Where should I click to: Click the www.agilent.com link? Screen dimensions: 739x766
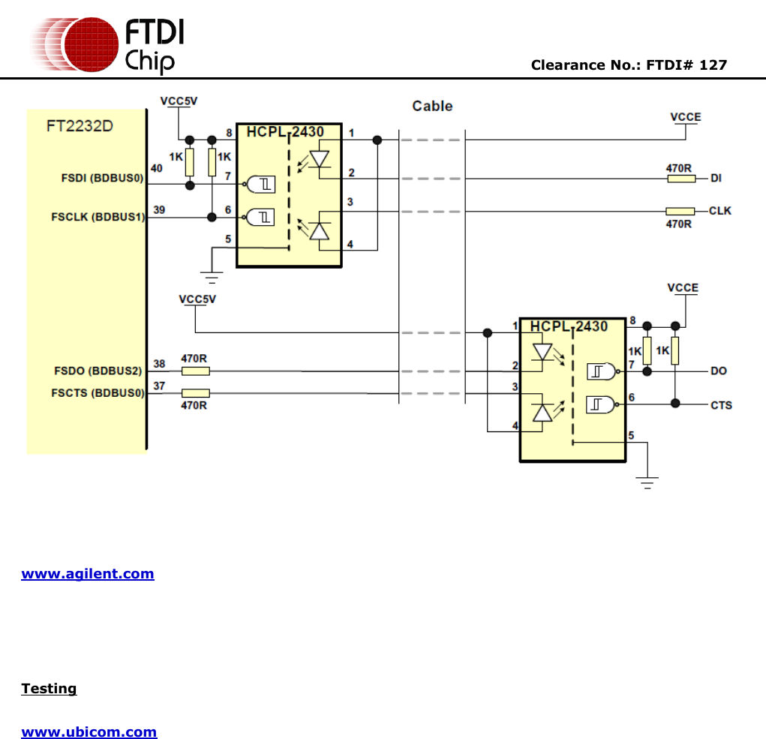pyautogui.click(x=88, y=574)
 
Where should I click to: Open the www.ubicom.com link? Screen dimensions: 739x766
pyautogui.click(x=89, y=732)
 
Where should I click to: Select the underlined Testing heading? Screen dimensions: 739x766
pyautogui.click(x=49, y=689)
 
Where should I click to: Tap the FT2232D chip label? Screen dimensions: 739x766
pyautogui.click(x=80, y=126)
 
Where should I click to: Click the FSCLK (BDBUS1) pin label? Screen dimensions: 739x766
pyautogui.click(x=98, y=218)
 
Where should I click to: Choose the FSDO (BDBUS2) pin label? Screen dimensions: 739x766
pyautogui.click(x=98, y=371)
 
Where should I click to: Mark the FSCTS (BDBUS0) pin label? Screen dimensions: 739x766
pyautogui.click(x=98, y=392)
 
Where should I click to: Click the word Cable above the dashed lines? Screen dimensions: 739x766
pyautogui.click(x=432, y=107)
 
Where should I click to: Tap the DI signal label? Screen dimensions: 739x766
pyautogui.click(x=716, y=179)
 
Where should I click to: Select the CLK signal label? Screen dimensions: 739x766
pyautogui.click(x=719, y=211)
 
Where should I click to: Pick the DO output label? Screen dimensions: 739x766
pyautogui.click(x=718, y=371)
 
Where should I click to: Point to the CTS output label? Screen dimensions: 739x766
pyautogui.click(x=721, y=405)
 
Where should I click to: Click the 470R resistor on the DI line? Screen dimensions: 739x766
pyautogui.click(x=680, y=179)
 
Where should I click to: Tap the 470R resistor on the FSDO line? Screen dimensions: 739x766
pyautogui.click(x=196, y=371)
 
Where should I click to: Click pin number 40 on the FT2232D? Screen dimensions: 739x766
pyautogui.click(x=157, y=168)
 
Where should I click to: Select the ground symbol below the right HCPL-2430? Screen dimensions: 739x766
pyautogui.click(x=647, y=482)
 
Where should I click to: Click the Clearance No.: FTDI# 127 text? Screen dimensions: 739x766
pyautogui.click(x=629, y=65)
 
